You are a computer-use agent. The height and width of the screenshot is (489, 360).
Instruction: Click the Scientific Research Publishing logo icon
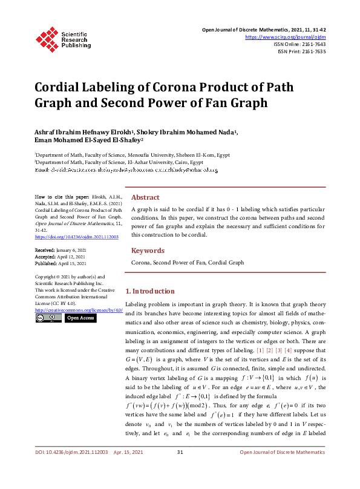(45, 38)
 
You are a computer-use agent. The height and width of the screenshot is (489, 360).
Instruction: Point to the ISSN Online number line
(299, 44)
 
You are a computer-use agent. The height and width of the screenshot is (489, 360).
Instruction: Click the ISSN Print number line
(301, 51)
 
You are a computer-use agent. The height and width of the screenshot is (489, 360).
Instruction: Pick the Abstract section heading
(146, 197)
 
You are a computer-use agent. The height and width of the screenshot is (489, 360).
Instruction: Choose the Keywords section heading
(148, 251)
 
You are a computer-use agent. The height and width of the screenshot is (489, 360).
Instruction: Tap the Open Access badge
(80, 318)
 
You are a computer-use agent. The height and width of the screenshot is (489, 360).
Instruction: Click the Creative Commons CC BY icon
(48, 318)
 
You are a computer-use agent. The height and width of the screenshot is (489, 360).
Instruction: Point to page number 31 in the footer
(180, 469)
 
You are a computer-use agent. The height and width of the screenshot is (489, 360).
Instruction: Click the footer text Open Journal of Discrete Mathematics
(283, 469)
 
